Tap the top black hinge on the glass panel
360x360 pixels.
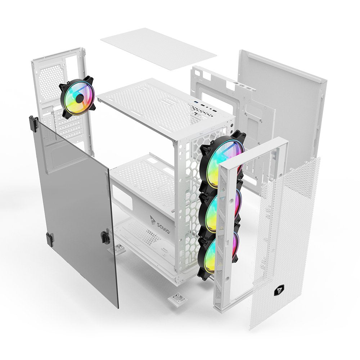[x=33, y=123]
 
